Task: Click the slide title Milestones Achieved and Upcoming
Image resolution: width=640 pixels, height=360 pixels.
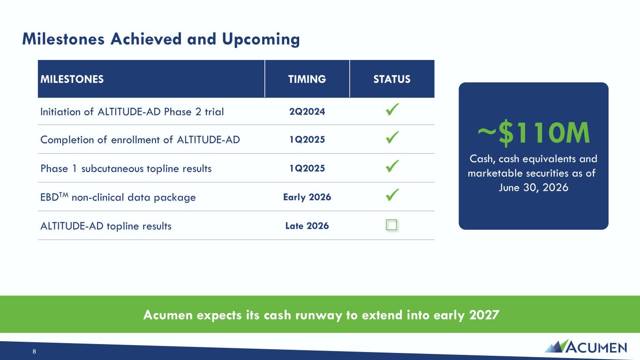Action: pyautogui.click(x=161, y=39)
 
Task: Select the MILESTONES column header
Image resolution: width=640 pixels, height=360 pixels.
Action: pyautogui.click(x=72, y=79)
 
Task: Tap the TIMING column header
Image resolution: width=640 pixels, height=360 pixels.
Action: pyautogui.click(x=307, y=79)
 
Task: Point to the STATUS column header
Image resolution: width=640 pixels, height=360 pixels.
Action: pyautogui.click(x=392, y=79)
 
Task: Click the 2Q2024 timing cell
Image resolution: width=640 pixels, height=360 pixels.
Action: pyautogui.click(x=307, y=112)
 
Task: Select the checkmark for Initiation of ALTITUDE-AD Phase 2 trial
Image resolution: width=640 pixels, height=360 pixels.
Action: pyautogui.click(x=392, y=109)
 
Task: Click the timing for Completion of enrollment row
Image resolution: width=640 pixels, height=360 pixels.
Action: pyautogui.click(x=307, y=139)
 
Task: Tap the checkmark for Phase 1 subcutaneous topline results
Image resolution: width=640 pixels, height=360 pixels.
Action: pyautogui.click(x=392, y=166)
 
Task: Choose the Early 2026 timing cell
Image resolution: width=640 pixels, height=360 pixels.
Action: pyautogui.click(x=307, y=197)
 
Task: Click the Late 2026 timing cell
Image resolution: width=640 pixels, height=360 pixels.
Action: pyautogui.click(x=307, y=226)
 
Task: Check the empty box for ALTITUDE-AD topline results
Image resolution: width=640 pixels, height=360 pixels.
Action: pyautogui.click(x=391, y=225)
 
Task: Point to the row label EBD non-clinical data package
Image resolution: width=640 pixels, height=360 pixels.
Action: pyautogui.click(x=118, y=197)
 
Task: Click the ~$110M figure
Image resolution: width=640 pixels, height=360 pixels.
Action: pyautogui.click(x=534, y=133)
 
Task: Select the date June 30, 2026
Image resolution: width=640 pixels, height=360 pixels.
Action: pyautogui.click(x=534, y=187)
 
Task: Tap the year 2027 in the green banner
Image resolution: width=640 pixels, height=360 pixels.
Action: pyautogui.click(x=484, y=315)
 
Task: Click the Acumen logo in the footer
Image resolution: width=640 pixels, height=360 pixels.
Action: pyautogui.click(x=586, y=346)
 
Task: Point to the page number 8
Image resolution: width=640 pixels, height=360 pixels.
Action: pyautogui.click(x=34, y=352)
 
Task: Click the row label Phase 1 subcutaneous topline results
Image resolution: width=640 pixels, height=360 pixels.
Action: pyautogui.click(x=126, y=169)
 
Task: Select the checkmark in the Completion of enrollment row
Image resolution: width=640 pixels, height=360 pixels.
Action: pyautogui.click(x=392, y=137)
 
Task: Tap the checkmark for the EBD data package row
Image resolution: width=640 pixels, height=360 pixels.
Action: pyautogui.click(x=392, y=195)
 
